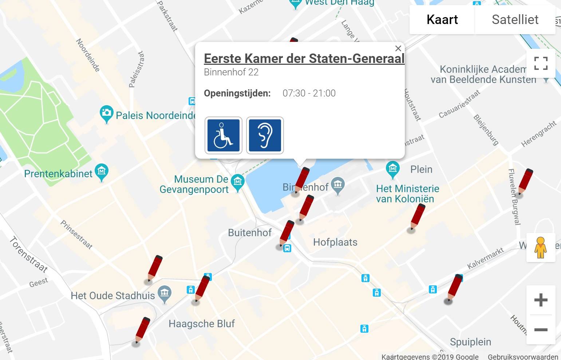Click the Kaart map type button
(x=442, y=20)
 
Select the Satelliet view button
(x=515, y=20)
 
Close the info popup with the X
(x=398, y=48)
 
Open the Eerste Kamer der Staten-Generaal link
(x=304, y=59)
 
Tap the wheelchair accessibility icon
(x=224, y=135)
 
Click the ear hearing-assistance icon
(x=265, y=135)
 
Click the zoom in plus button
(x=541, y=300)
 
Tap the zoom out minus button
(x=541, y=330)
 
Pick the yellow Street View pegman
(x=541, y=248)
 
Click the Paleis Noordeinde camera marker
(x=106, y=113)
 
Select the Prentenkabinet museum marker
(x=102, y=171)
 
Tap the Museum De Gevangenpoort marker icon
(x=238, y=181)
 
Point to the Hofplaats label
(x=335, y=242)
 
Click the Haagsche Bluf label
(x=202, y=324)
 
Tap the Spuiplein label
(x=470, y=342)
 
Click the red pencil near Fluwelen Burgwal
(x=525, y=182)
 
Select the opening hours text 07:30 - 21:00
(x=309, y=94)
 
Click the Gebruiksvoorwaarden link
(x=523, y=357)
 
